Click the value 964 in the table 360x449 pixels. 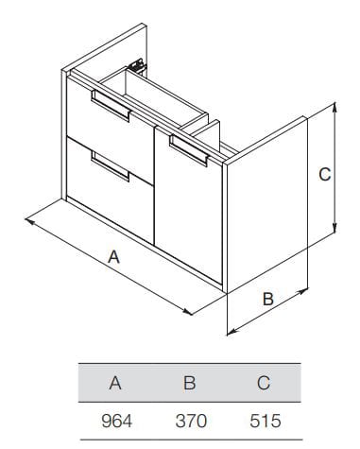pyautogui.click(x=116, y=421)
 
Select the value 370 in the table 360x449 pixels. pyautogui.click(x=191, y=421)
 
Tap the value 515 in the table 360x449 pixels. pyautogui.click(x=265, y=421)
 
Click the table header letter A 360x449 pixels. pyautogui.click(x=115, y=383)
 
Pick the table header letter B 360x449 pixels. pyautogui.click(x=190, y=383)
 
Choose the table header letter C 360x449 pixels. pyautogui.click(x=264, y=383)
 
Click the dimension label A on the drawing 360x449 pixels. pyautogui.click(x=113, y=256)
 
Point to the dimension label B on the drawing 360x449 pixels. pyautogui.click(x=268, y=299)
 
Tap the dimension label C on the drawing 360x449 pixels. pyautogui.click(x=325, y=174)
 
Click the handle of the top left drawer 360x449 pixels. pyautogui.click(x=111, y=106)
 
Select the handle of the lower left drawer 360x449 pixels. pyautogui.click(x=111, y=165)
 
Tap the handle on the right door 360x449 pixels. pyautogui.click(x=189, y=150)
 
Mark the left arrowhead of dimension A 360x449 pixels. pyautogui.click(x=29, y=221)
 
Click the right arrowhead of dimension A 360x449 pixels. pyautogui.click(x=187, y=312)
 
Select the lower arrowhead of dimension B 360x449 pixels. pyautogui.click(x=232, y=331)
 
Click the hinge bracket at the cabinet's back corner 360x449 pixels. pyautogui.click(x=137, y=66)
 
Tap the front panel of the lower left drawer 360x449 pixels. pyautogui.click(x=111, y=189)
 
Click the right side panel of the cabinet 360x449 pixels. pyautogui.click(x=267, y=205)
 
